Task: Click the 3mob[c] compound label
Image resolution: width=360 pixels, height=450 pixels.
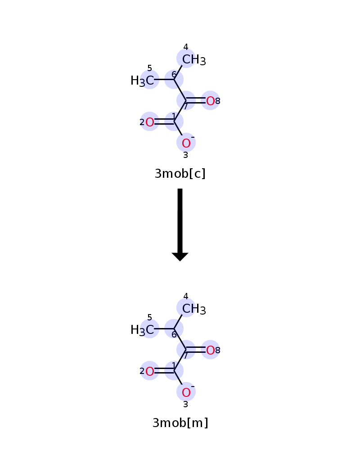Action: [180, 173]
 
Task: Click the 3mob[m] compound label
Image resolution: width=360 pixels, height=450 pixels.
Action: [180, 423]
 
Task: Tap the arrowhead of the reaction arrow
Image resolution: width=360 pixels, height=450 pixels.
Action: [180, 256]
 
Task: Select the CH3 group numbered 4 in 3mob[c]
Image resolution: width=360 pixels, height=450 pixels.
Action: [194, 60]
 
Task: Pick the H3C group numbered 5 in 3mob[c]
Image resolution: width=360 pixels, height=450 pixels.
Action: [142, 81]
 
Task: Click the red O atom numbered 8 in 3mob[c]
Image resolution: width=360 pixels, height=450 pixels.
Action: [211, 101]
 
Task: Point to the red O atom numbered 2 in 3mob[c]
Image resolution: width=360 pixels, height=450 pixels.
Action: [149, 122]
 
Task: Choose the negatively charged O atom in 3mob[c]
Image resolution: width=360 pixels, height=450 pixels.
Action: [186, 143]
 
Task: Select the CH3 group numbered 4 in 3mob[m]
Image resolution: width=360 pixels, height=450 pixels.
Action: [194, 309]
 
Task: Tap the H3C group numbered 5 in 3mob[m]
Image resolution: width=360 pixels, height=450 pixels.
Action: [142, 330]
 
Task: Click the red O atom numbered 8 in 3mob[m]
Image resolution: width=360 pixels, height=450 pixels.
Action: [211, 351]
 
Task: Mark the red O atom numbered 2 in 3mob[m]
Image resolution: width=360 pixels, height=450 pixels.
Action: [149, 372]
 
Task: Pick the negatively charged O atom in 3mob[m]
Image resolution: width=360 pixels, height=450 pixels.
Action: [186, 392]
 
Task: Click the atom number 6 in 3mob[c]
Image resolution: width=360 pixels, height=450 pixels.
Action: [174, 75]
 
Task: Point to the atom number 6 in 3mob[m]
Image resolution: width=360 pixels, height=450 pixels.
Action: [174, 335]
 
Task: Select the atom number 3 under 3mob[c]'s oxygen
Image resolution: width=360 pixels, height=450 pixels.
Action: [186, 155]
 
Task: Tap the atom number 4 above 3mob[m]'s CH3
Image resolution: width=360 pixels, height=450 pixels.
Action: [186, 296]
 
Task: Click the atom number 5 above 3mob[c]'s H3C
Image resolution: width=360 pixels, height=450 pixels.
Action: [149, 68]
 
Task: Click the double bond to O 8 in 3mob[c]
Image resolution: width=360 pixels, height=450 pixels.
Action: [196, 100]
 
